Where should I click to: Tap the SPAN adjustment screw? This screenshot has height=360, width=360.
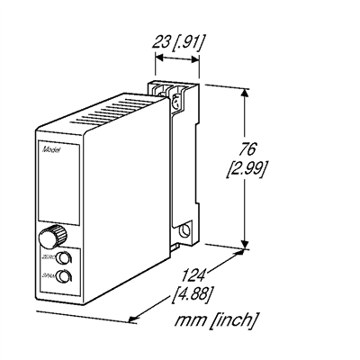tap(62, 276)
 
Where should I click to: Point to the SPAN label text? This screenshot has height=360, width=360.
tap(47, 274)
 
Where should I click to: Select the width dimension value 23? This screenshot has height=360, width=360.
tap(163, 40)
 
